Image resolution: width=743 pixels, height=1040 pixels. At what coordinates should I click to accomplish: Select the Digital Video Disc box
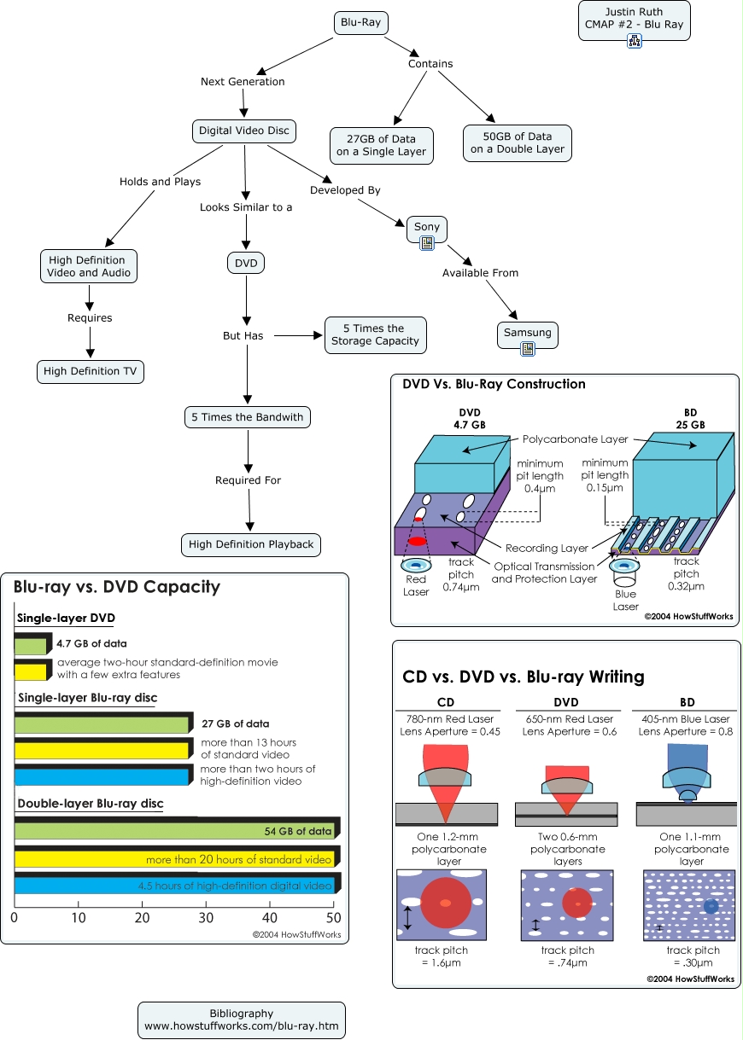[244, 131]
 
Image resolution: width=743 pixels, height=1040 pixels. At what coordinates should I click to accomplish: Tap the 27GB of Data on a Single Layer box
[381, 145]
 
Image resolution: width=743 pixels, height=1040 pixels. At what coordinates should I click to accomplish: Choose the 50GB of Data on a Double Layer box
[517, 142]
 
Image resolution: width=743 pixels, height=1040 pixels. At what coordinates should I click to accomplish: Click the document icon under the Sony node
[428, 243]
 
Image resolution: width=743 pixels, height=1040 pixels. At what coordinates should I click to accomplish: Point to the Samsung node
[527, 333]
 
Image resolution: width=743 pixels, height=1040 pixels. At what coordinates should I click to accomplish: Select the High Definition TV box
[91, 372]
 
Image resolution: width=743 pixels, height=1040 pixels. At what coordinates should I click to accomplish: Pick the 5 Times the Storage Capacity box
[374, 335]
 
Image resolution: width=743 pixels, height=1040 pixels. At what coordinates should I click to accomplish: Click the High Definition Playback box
[251, 544]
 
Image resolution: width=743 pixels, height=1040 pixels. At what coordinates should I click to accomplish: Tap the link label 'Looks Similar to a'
[246, 207]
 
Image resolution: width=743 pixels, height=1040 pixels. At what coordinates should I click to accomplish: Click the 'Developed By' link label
[345, 190]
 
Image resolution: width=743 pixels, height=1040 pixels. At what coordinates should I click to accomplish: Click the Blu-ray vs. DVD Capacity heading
[117, 587]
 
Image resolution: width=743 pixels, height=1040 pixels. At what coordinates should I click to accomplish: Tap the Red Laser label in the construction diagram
[416, 585]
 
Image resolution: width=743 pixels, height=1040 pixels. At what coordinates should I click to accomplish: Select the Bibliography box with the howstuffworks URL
[242, 1020]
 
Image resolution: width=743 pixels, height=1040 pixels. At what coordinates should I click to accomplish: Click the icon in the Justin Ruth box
[634, 40]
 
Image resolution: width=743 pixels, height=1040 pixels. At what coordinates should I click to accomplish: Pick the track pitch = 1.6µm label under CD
[442, 956]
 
